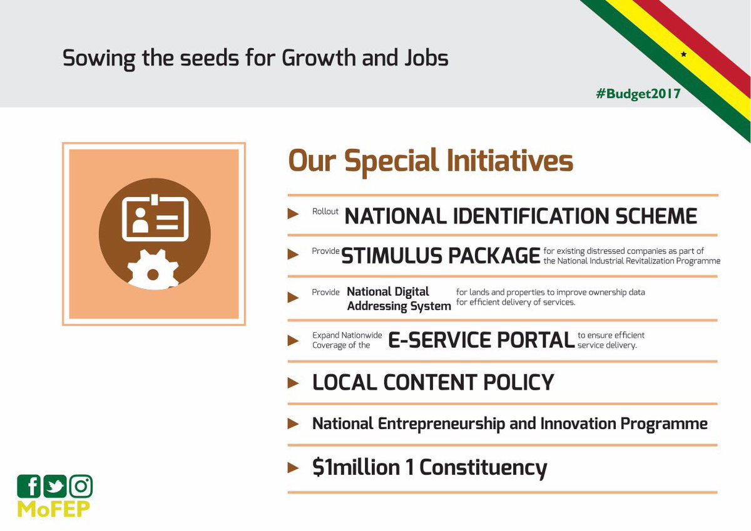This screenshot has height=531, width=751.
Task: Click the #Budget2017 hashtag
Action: [x=638, y=94]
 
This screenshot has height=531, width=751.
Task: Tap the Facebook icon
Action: [x=29, y=486]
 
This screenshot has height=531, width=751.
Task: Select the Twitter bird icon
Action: [x=55, y=486]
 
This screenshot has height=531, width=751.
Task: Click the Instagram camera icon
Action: [x=81, y=486]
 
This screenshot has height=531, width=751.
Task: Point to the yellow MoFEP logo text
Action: [x=54, y=509]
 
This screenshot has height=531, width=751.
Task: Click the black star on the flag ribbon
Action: [x=683, y=54]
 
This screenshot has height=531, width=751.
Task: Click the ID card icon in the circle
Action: [x=155, y=218]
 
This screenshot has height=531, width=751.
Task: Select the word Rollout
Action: [x=325, y=211]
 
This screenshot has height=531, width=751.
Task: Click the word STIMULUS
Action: [x=392, y=256]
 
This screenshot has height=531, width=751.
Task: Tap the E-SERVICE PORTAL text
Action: [x=481, y=340]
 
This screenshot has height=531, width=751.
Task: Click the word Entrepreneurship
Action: [x=442, y=424]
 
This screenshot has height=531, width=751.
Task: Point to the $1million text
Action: [x=356, y=467]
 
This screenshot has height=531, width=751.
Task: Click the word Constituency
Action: [x=483, y=468]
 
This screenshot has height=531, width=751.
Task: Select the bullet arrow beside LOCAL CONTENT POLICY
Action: [x=293, y=383]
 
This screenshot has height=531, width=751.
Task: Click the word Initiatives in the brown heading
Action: [x=509, y=161]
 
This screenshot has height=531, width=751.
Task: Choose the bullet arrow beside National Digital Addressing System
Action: [x=293, y=297]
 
